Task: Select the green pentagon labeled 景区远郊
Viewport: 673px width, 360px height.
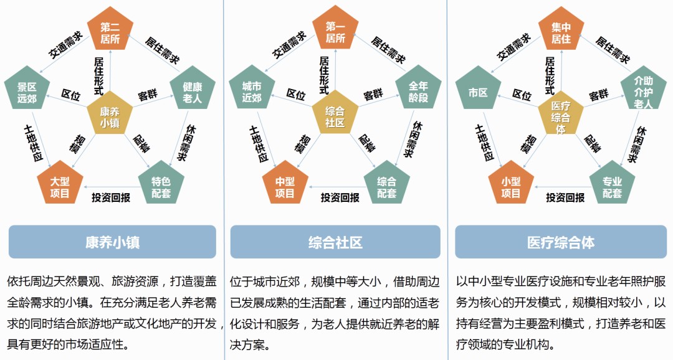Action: click(x=27, y=90)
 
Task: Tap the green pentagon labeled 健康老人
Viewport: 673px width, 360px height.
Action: click(x=193, y=90)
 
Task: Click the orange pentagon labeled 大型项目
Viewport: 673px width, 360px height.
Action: click(x=60, y=186)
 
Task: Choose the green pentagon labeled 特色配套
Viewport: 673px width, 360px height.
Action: click(x=161, y=186)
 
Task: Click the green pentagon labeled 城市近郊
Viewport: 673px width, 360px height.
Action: click(x=252, y=90)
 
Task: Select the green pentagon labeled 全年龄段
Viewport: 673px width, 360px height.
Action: click(x=418, y=90)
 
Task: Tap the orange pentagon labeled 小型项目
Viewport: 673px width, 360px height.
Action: click(x=511, y=186)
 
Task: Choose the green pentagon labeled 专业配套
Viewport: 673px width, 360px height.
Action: click(x=612, y=186)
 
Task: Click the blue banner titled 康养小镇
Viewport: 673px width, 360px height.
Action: click(x=112, y=242)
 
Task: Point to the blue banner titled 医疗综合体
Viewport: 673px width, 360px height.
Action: click(x=561, y=242)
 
